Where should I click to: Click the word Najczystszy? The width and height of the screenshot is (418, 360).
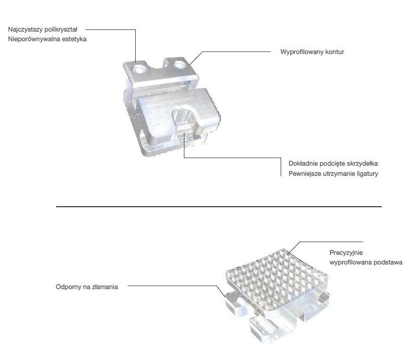click(25, 29)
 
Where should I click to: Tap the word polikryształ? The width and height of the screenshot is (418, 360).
click(61, 29)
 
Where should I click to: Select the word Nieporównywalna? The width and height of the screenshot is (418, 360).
click(34, 39)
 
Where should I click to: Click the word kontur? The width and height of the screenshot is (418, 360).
click(335, 52)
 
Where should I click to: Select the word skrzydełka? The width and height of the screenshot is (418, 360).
click(363, 163)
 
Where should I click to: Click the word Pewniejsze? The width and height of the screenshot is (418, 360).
click(305, 174)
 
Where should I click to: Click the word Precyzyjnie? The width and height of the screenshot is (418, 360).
click(346, 253)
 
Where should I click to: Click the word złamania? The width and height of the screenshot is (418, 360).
click(105, 287)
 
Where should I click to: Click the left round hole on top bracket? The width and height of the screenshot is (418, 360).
click(139, 69)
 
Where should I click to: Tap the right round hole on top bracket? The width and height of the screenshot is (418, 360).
click(179, 65)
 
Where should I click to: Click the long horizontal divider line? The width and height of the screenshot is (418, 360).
click(219, 207)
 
